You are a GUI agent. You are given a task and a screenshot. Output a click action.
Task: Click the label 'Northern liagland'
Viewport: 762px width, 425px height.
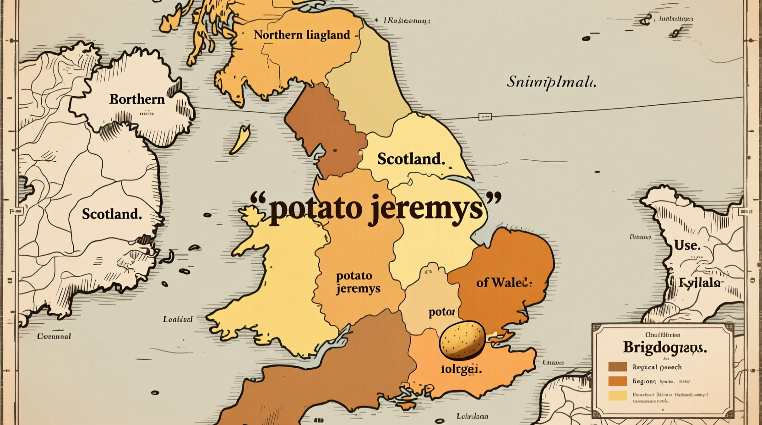(x=302, y=35)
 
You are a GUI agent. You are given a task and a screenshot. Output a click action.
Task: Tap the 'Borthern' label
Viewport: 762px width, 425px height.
(x=136, y=99)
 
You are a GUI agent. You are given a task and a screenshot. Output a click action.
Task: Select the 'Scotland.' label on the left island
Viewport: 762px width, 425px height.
(x=112, y=213)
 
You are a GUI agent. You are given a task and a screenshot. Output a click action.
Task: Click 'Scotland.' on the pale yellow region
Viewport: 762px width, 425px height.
(x=411, y=159)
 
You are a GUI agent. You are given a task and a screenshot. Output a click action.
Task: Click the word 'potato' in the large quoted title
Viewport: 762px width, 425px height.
(x=311, y=209)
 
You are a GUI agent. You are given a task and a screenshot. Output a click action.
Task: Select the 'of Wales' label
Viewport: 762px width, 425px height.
(x=504, y=282)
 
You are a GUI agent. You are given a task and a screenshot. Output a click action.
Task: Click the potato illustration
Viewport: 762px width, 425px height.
(x=462, y=339)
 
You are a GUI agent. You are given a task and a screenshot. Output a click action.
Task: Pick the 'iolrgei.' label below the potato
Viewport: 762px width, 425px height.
(x=461, y=369)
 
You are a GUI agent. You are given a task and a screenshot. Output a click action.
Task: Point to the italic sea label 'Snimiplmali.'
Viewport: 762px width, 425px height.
(x=551, y=82)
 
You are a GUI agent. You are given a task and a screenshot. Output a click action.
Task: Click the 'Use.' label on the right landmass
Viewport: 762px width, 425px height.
(x=687, y=245)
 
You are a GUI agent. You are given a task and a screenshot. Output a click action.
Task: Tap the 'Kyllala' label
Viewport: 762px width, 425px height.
(x=700, y=283)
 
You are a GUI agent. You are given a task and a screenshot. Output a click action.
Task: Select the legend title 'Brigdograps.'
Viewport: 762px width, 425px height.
(x=664, y=347)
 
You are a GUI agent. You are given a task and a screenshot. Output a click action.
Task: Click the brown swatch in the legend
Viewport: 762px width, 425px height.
(x=617, y=366)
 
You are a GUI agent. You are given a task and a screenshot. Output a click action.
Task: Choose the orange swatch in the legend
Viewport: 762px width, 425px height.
(x=617, y=381)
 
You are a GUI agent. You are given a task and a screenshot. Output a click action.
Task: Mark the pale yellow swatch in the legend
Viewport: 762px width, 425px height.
(x=617, y=396)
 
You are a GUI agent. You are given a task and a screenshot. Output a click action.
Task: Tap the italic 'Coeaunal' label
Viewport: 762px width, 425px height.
(x=54, y=336)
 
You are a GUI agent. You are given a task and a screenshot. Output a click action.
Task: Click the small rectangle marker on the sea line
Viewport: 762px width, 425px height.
(x=484, y=117)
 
